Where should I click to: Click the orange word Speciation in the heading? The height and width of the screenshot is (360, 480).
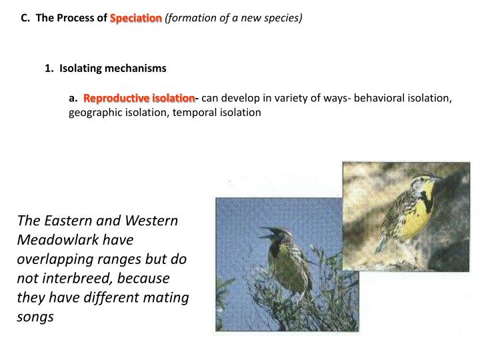point(136,18)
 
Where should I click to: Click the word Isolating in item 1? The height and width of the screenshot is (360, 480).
point(79,68)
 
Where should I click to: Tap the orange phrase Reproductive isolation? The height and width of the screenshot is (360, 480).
point(139,99)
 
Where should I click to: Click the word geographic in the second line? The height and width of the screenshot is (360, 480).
point(94,113)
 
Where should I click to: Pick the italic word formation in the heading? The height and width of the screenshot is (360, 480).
point(191,18)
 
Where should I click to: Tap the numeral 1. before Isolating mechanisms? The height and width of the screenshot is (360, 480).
point(49,68)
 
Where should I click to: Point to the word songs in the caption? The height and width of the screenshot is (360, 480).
point(35,317)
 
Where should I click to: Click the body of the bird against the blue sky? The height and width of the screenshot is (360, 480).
point(281,263)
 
